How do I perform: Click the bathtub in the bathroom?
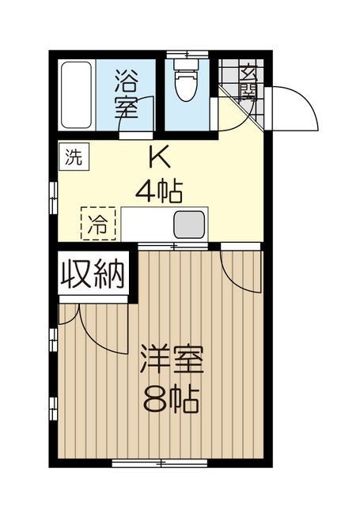pos(78,97)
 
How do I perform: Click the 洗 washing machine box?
pos(73,156)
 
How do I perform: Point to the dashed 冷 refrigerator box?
pos(99,222)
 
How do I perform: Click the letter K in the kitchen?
pos(159,159)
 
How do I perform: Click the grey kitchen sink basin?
pos(190,225)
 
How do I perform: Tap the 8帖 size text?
pos(171,395)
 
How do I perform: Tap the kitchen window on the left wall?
pos(53,198)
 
